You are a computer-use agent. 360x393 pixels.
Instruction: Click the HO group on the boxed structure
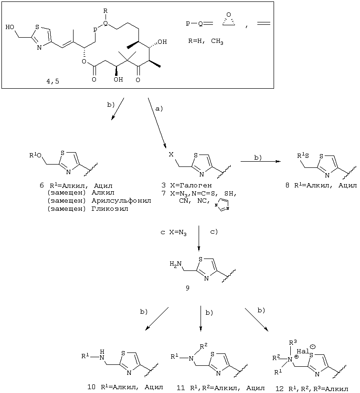10,27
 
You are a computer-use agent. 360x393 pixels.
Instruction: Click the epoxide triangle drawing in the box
229,20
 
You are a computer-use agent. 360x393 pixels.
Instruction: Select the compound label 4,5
53,81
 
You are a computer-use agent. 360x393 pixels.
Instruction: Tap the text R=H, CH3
206,41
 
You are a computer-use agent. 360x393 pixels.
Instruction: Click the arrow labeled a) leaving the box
157,123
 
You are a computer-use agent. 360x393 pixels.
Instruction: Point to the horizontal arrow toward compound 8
260,161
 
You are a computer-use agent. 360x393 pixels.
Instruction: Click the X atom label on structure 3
171,155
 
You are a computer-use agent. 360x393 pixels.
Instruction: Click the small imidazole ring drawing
222,205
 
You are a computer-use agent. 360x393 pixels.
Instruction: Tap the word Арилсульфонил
121,201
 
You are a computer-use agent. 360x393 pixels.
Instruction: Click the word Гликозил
110,208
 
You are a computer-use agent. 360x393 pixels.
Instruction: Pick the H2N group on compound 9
175,264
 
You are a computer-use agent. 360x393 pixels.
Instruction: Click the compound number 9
188,288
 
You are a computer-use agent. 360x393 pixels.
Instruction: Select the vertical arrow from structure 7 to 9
199,238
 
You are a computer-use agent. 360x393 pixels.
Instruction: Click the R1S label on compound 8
303,155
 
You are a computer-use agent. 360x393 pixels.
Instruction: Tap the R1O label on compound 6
35,155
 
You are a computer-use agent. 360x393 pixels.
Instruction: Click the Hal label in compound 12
303,352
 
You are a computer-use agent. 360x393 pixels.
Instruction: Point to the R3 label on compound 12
293,342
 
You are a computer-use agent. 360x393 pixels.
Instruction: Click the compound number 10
91,387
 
